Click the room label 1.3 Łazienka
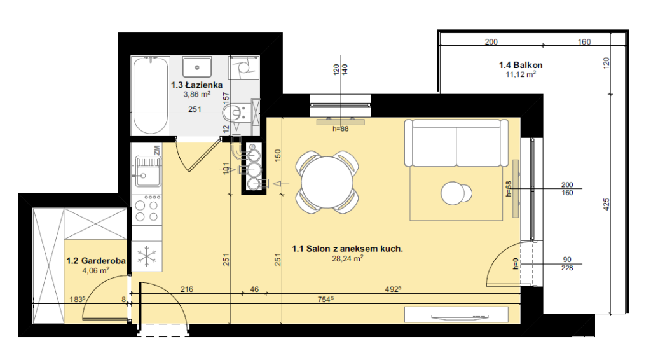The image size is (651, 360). [x=197, y=85]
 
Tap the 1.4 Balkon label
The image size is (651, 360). [x=521, y=65]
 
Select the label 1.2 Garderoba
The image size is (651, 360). [x=96, y=261]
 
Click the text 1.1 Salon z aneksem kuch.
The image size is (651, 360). [x=348, y=249]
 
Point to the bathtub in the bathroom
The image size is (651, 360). [x=150, y=95]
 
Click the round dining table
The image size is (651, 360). [x=327, y=183]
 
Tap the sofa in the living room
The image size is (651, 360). [x=456, y=143]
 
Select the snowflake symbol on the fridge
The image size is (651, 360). [x=147, y=256]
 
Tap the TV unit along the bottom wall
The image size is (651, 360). [x=456, y=314]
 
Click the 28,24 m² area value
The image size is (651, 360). [x=348, y=259]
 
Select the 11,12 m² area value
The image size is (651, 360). [x=521, y=74]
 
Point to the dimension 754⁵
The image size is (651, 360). [x=326, y=299]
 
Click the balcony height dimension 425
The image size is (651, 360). [x=606, y=204]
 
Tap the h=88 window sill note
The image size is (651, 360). [x=341, y=129]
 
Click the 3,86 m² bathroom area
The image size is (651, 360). [x=197, y=94]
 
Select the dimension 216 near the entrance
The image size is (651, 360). [x=187, y=289]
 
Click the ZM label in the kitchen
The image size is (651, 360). [x=157, y=150]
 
